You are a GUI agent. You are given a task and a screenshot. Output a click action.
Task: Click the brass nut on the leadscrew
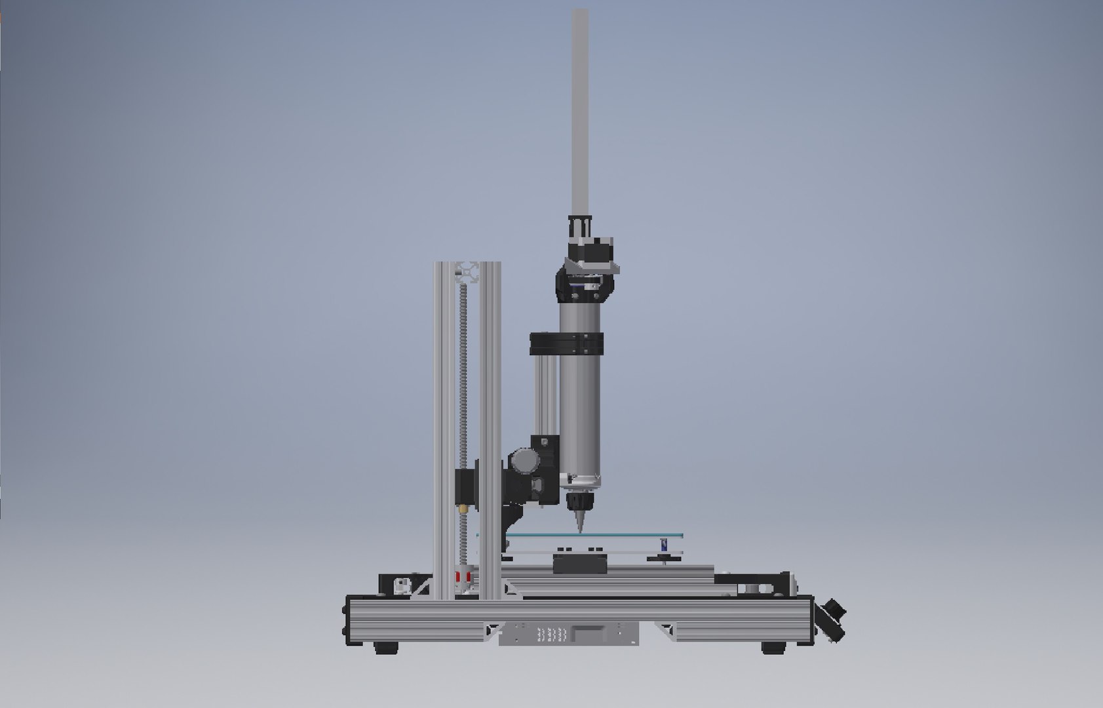[465, 507]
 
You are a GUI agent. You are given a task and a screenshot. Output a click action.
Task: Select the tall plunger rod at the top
[581, 111]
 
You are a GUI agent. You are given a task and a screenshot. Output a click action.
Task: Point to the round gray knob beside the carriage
[523, 460]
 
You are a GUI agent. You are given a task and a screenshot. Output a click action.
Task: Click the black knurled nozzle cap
[579, 501]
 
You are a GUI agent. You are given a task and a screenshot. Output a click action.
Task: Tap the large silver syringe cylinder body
[579, 406]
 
